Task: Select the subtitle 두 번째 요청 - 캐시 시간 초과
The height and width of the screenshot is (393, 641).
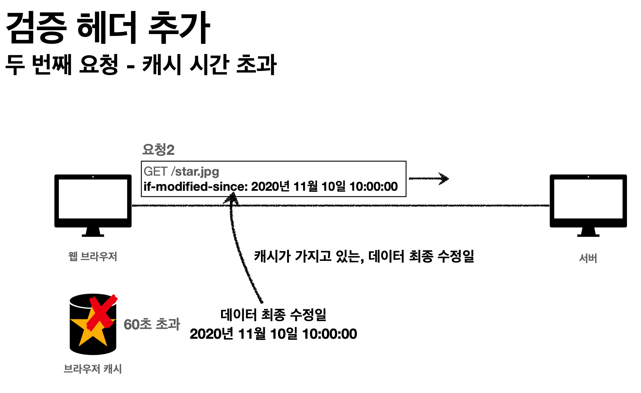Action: coord(141,65)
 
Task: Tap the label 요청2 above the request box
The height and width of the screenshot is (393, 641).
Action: coord(158,149)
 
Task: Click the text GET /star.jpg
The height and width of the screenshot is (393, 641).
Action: coord(181,171)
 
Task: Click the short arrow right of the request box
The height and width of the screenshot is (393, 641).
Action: coord(429,179)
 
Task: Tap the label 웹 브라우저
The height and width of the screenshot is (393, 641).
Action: coord(93,256)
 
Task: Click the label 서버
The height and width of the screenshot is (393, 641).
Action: coord(588,258)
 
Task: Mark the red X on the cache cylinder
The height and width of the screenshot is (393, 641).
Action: coord(103,312)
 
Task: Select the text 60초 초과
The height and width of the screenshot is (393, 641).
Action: coord(152,324)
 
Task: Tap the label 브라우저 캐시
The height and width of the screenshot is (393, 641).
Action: coord(93,369)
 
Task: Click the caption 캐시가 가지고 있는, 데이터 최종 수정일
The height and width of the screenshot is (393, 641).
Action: coord(364,256)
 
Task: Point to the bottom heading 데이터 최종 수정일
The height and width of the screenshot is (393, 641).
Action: coord(273,315)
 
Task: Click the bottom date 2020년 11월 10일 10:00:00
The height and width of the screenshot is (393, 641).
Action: coord(273,334)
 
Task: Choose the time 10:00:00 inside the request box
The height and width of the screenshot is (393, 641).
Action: coord(373,187)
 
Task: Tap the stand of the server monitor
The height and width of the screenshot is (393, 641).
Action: coord(588,232)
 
